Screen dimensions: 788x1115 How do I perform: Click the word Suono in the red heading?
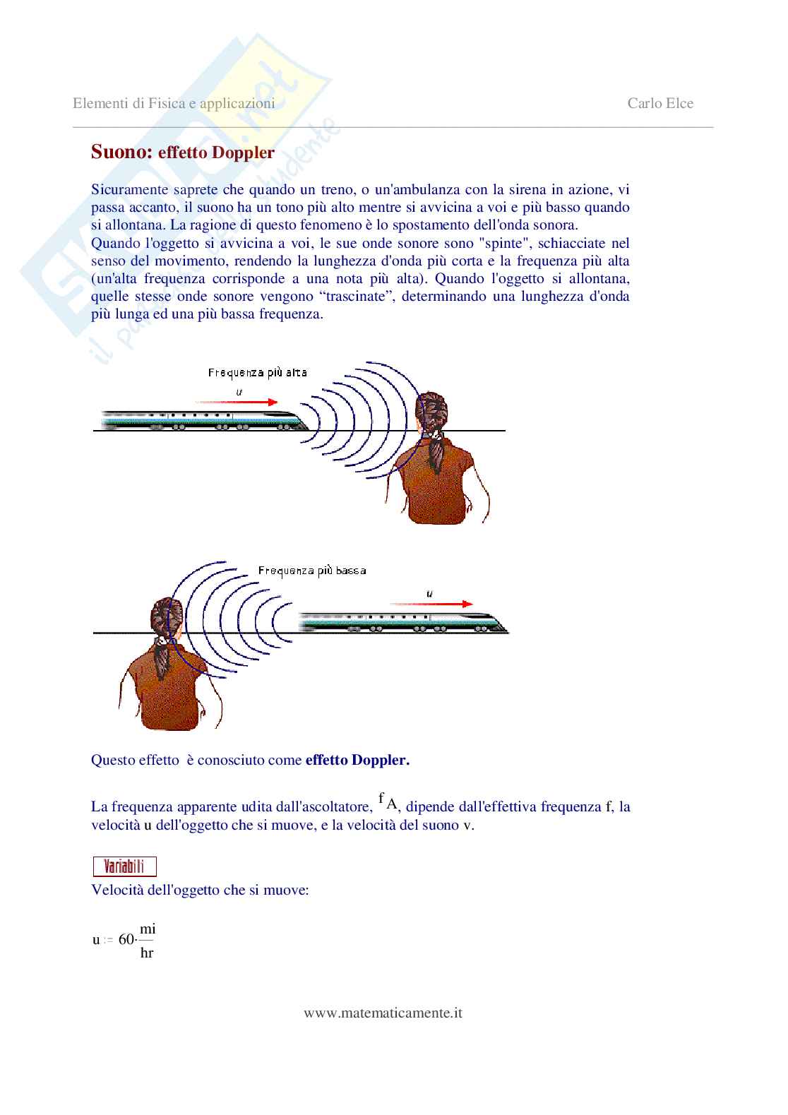point(121,152)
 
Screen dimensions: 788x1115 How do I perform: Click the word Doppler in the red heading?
point(243,153)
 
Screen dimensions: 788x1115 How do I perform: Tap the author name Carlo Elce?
point(660,103)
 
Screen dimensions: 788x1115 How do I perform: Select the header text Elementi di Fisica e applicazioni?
point(174,104)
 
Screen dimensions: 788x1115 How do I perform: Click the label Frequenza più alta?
point(257,373)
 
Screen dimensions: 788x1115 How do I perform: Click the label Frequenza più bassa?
point(312,571)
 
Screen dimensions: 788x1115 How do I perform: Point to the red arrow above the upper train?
point(237,403)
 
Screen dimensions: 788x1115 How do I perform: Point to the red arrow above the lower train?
point(431,604)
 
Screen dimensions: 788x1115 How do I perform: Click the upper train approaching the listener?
point(204,420)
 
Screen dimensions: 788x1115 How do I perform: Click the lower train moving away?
point(403,622)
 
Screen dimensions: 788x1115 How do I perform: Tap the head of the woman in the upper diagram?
point(431,411)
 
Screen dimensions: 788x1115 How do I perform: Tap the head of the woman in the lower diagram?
point(167,616)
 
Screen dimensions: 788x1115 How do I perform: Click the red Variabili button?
point(125,866)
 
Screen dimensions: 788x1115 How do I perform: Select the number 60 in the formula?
point(126,939)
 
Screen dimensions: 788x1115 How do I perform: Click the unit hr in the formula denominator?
point(147,953)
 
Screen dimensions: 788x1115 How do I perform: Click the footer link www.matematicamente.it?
point(383,1013)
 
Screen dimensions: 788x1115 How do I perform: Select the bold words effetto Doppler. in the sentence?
point(357,760)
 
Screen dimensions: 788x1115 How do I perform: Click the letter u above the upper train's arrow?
point(239,392)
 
